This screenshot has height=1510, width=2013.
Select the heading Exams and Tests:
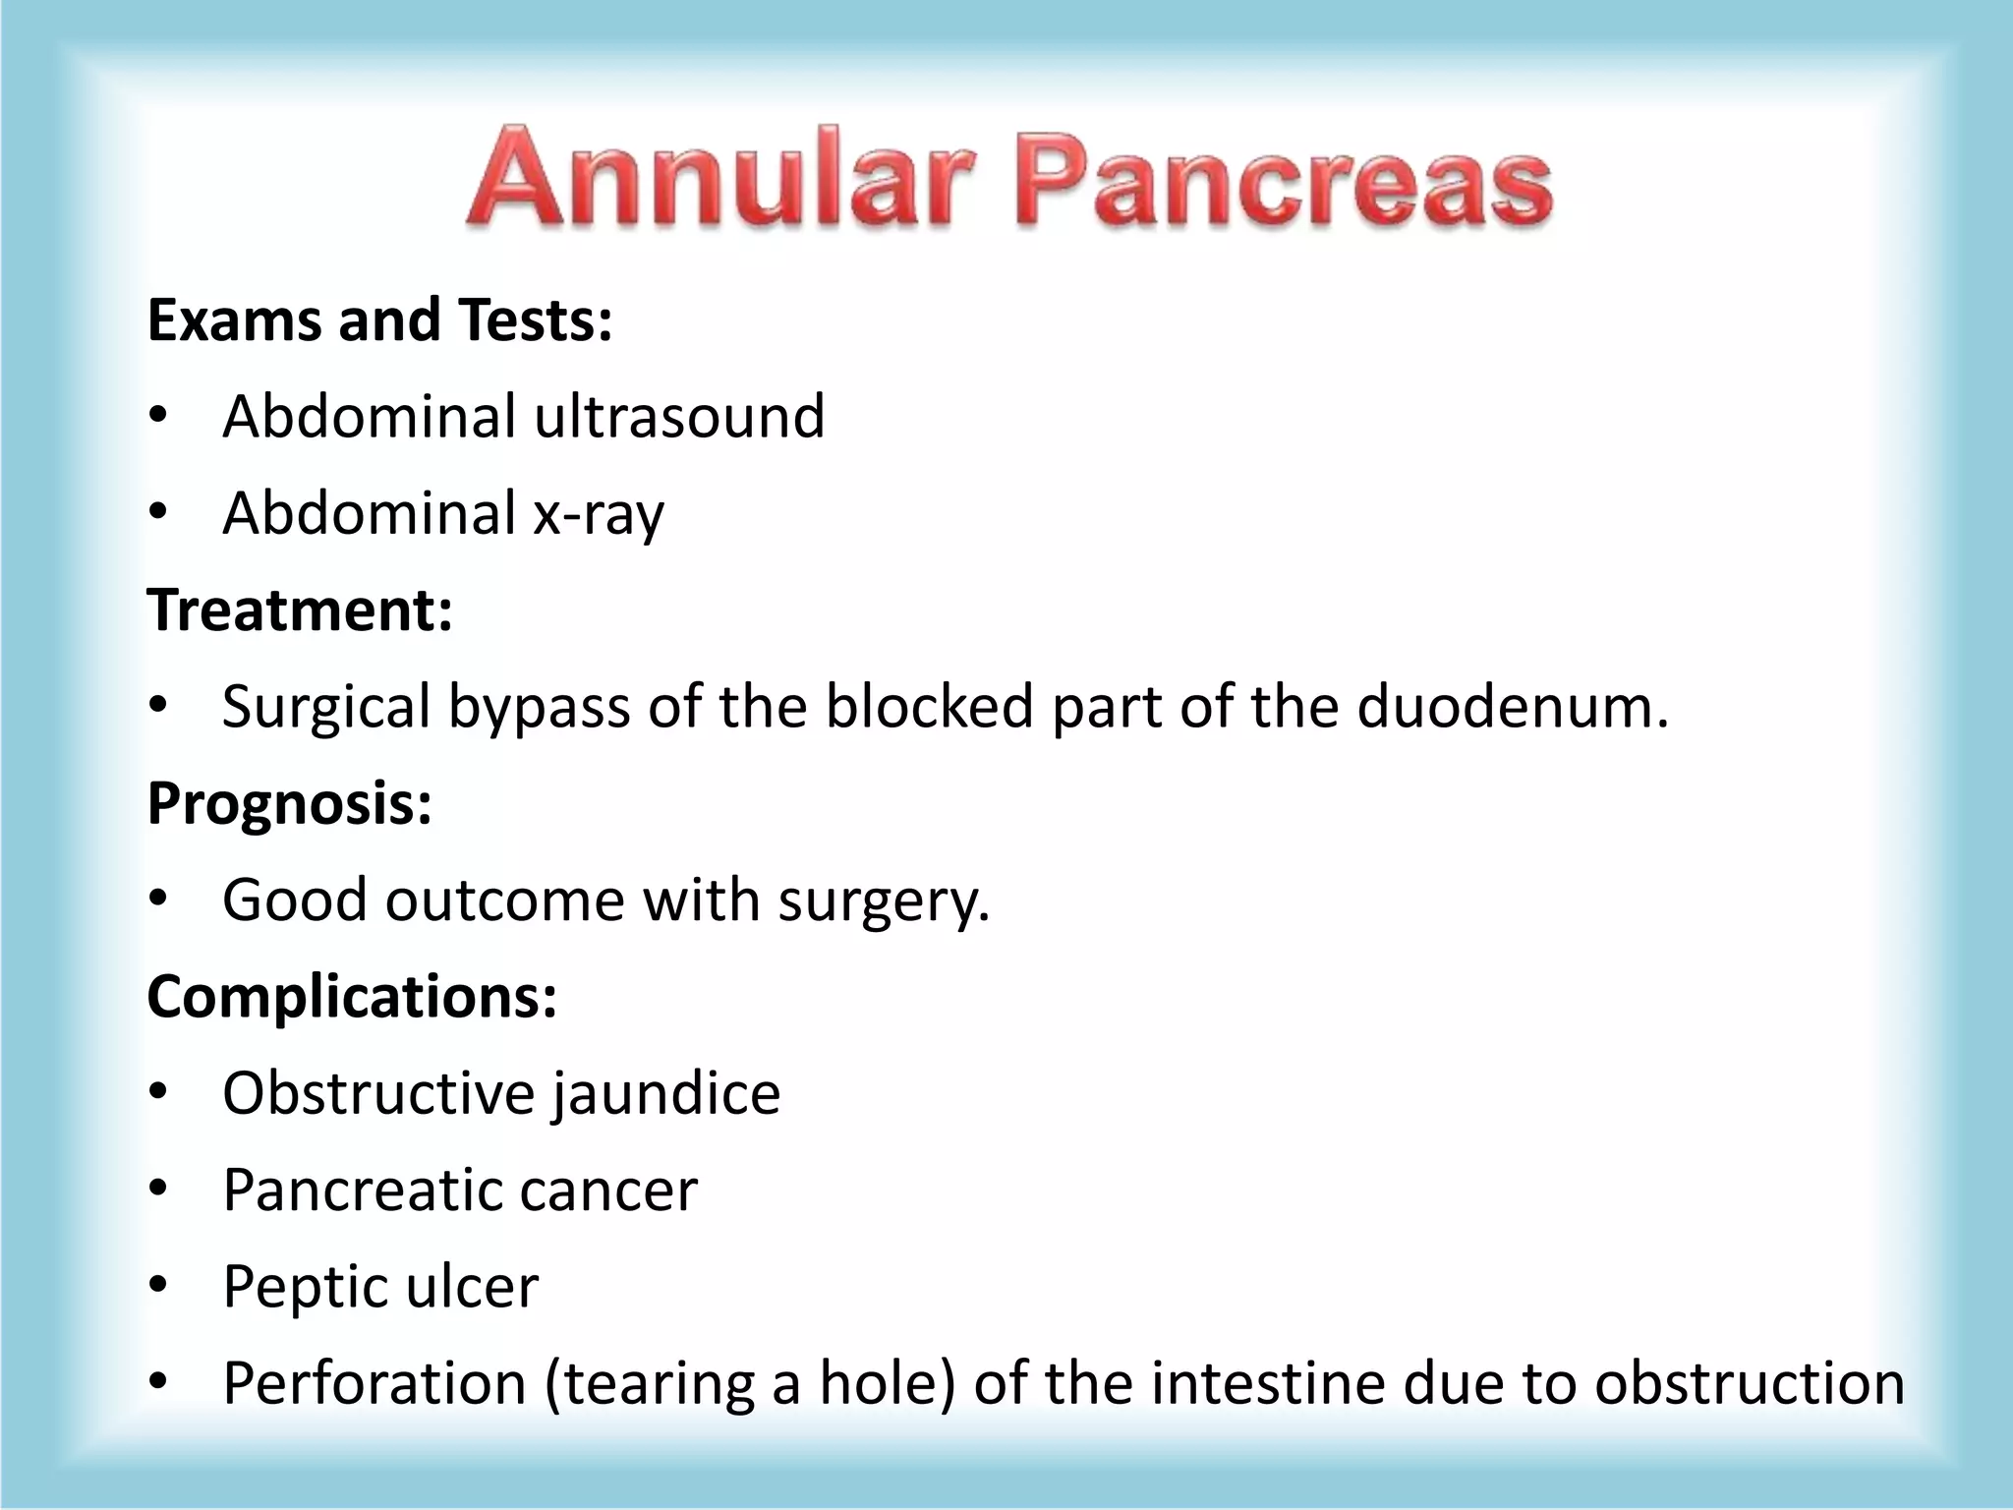[379, 320]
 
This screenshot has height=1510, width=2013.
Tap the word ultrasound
[678, 417]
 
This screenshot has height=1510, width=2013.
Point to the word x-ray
[599, 514]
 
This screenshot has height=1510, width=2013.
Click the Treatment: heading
[300, 610]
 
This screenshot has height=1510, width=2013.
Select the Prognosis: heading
[289, 803]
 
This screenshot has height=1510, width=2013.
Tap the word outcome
[504, 900]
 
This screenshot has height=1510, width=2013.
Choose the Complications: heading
[352, 996]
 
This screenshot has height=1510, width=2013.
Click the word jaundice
[665, 1093]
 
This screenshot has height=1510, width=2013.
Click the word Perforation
[374, 1383]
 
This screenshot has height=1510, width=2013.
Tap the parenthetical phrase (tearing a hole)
[749, 1383]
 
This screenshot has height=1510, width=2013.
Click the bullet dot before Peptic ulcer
[159, 1286]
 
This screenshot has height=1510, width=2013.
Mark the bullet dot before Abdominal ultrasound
[159, 417]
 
